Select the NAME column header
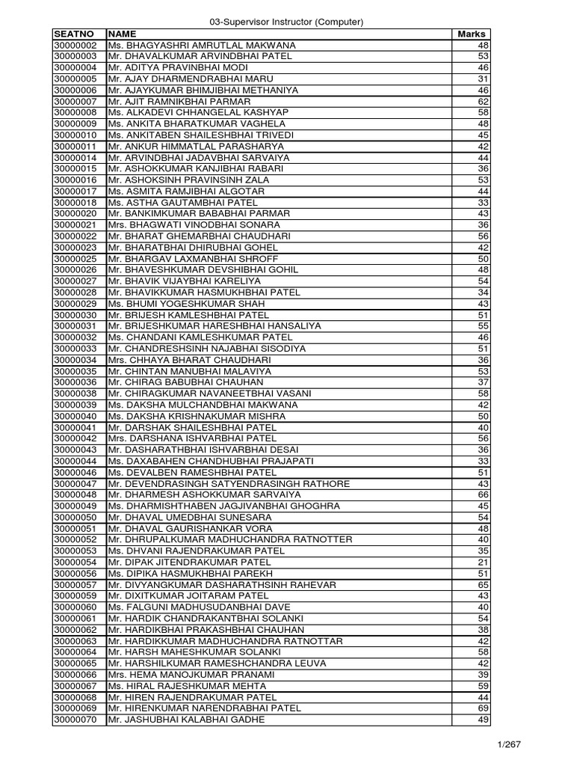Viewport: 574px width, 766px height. click(123, 34)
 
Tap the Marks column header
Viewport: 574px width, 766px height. click(471, 34)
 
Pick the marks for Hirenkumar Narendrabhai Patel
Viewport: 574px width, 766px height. click(482, 708)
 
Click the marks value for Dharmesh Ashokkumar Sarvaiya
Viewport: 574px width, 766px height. click(482, 494)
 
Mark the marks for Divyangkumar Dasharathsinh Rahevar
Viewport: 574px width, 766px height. click(482, 584)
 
